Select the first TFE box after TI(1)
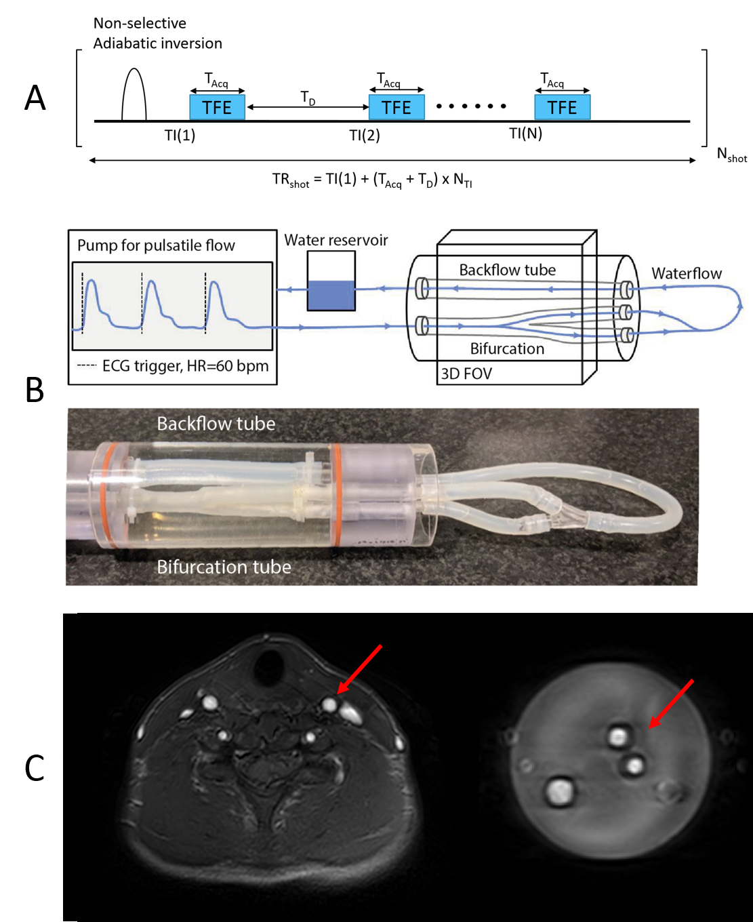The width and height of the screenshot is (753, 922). [x=217, y=107]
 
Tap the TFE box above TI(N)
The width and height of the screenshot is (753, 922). [x=562, y=107]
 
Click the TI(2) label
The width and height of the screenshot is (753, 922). [x=365, y=136]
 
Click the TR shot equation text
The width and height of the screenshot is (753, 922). [x=372, y=180]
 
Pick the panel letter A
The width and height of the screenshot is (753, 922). [x=35, y=98]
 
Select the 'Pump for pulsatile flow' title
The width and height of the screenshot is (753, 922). [x=156, y=245]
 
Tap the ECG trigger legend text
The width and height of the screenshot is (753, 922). [x=185, y=366]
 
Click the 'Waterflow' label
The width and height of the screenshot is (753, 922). [x=687, y=273]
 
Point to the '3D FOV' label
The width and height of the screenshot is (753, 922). [x=466, y=374]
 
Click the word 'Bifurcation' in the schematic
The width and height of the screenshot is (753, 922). [x=507, y=348]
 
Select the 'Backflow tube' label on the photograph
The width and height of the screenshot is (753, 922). [x=216, y=424]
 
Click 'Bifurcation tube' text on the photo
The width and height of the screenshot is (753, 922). [x=224, y=567]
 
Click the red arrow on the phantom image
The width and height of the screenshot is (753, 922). [x=671, y=704]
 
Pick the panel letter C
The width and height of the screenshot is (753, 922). [x=35, y=767]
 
